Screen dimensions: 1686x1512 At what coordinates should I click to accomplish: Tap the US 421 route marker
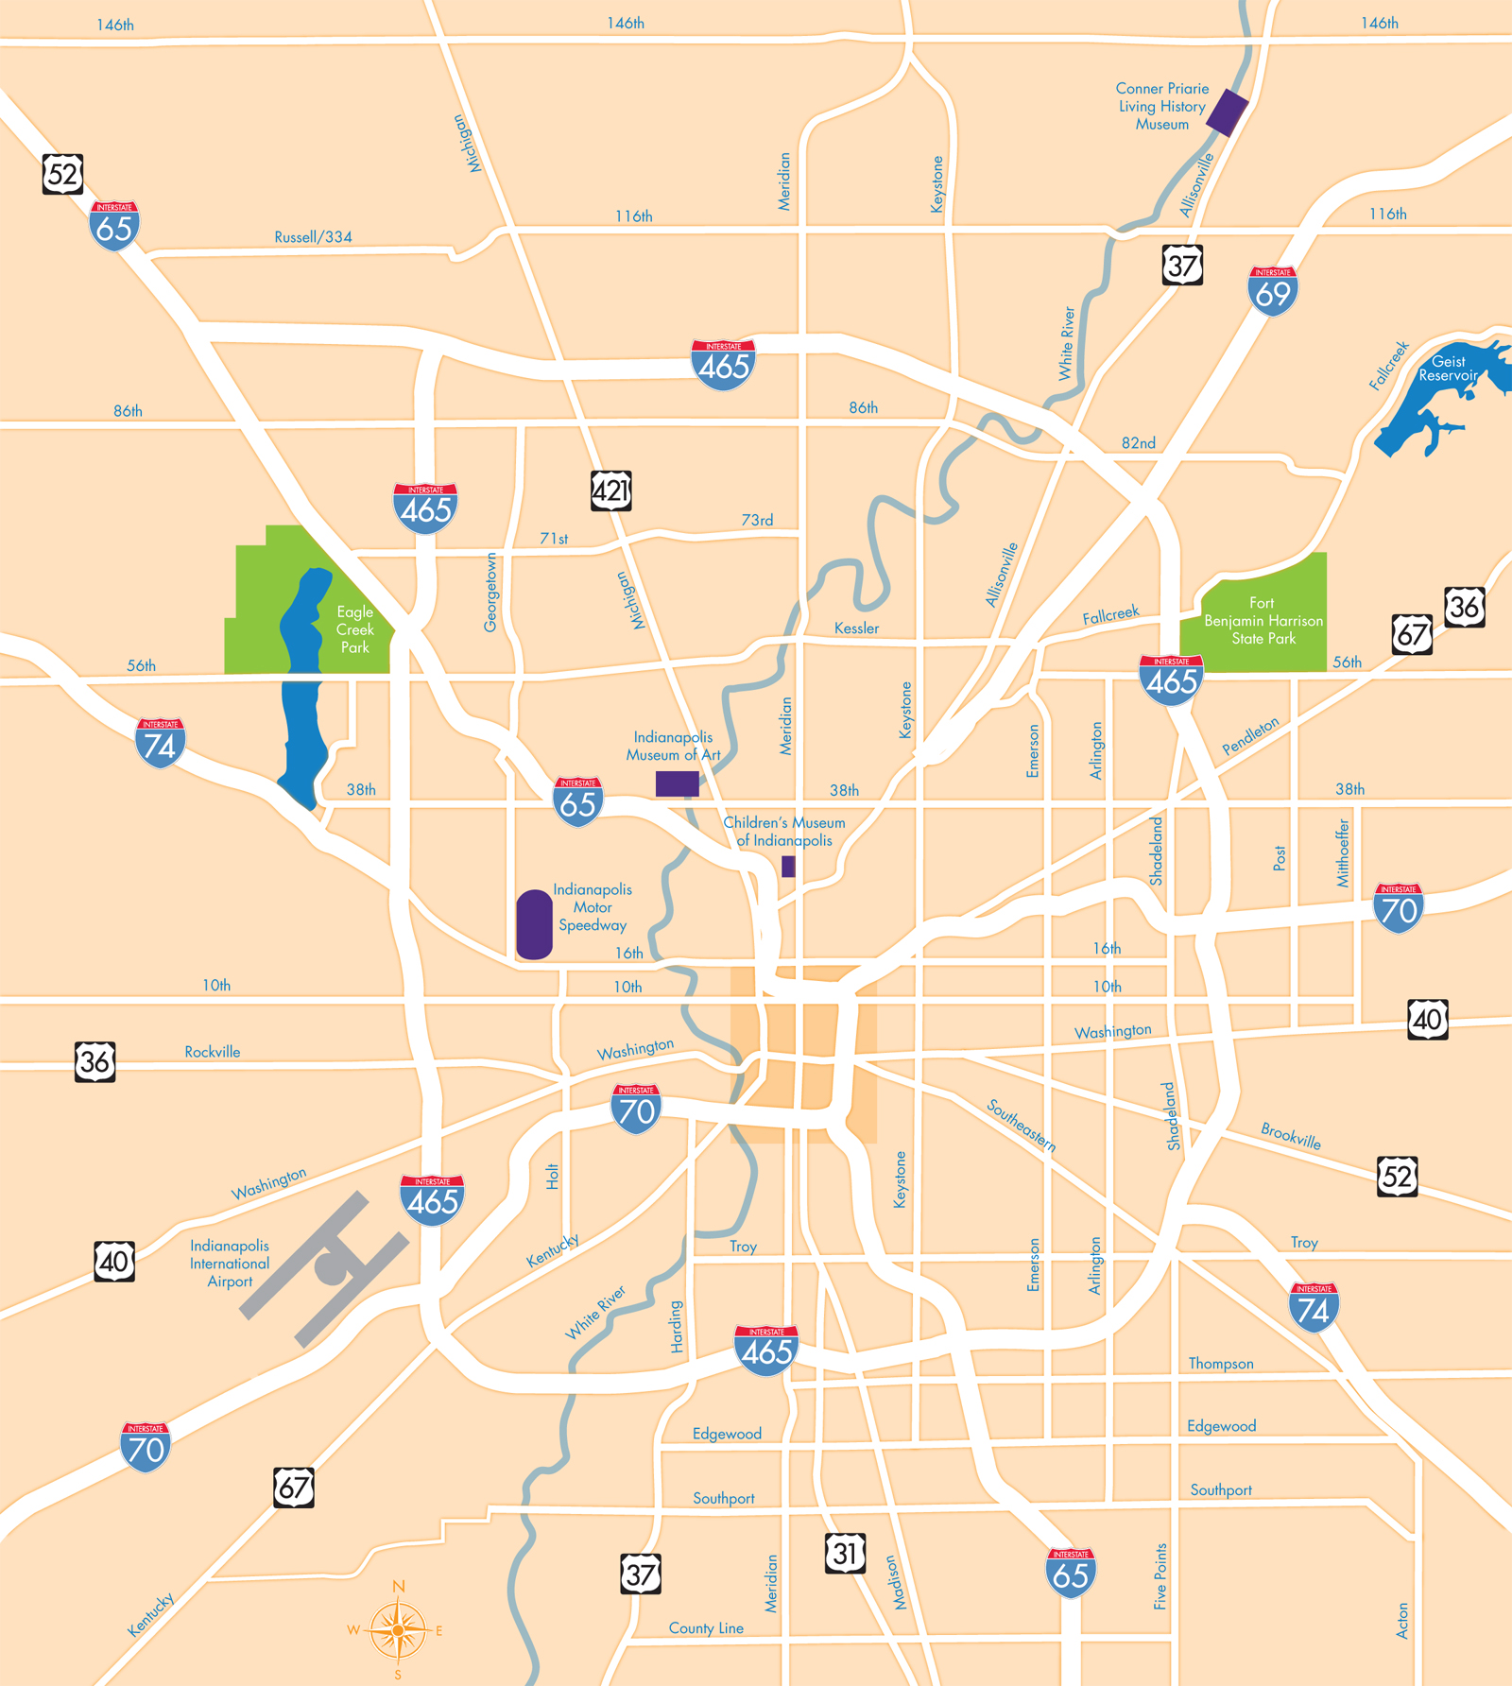click(610, 490)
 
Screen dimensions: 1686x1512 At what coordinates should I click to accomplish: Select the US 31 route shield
click(845, 1553)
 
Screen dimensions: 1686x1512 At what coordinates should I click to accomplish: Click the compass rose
click(398, 1629)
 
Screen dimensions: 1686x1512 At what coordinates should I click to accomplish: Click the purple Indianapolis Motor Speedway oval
click(534, 924)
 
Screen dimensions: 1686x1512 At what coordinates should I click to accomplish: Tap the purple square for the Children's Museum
click(788, 866)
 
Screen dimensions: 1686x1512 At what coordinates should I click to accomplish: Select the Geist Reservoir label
click(1448, 369)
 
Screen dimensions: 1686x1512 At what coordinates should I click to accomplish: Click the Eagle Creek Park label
click(355, 629)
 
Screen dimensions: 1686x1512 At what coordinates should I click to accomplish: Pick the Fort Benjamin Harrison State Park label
click(1263, 621)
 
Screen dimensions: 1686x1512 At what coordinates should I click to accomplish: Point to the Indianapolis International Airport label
click(230, 1264)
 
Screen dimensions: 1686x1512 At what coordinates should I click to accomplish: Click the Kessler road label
click(856, 628)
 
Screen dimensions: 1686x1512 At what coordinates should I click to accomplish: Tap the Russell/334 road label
click(313, 237)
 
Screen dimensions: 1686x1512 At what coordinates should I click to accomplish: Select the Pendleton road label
click(1250, 735)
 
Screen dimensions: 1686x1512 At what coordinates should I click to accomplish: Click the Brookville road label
click(1291, 1135)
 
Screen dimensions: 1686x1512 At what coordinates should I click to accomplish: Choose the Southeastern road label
click(1021, 1125)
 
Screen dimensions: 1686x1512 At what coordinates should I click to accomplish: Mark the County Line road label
click(706, 1628)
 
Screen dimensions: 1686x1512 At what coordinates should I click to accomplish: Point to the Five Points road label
click(1160, 1576)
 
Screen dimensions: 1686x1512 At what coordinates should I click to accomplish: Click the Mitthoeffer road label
click(1343, 853)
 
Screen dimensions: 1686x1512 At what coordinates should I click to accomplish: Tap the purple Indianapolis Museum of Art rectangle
click(678, 783)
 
